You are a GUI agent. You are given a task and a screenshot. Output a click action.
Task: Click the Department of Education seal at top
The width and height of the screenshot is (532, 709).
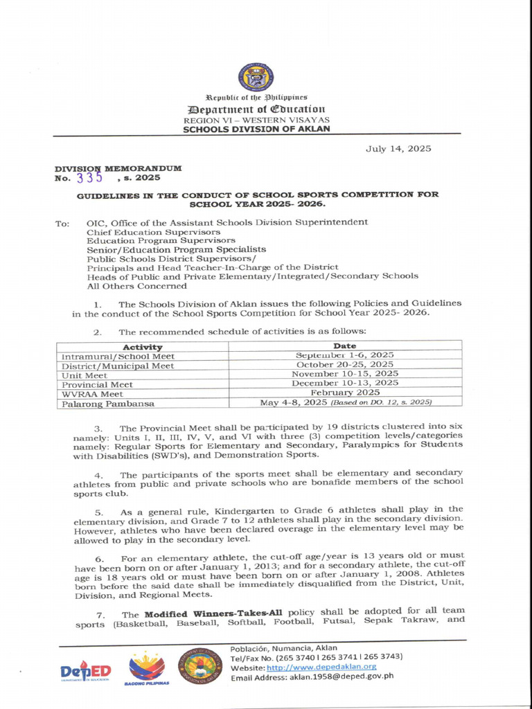pyautogui.click(x=256, y=78)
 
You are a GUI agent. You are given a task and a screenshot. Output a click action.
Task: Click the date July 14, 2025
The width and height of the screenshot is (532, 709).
pyautogui.click(x=398, y=148)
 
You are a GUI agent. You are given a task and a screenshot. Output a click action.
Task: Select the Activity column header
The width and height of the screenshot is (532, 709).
pyautogui.click(x=142, y=346)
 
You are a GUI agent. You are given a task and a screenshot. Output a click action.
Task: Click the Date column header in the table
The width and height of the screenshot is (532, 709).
pyautogui.click(x=344, y=345)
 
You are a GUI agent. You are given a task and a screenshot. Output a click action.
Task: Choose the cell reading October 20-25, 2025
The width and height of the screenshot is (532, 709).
pyautogui.click(x=344, y=364)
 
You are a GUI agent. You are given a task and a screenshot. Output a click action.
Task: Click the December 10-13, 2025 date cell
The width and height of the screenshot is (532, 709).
pyautogui.click(x=344, y=382)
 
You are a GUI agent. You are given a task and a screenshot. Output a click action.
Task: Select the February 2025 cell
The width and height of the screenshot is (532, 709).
pyautogui.click(x=344, y=392)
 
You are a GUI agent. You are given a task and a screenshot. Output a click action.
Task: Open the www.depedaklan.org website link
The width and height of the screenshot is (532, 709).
pyautogui.click(x=321, y=667)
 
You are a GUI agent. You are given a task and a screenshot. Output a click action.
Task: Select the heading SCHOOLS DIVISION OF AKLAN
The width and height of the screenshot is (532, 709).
pyautogui.click(x=256, y=129)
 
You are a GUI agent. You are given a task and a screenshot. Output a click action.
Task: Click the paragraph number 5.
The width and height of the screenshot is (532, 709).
pyautogui.click(x=98, y=512)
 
